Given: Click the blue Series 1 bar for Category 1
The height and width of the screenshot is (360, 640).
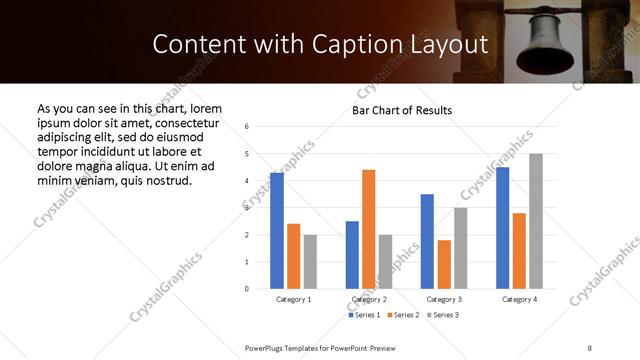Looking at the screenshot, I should (277, 231).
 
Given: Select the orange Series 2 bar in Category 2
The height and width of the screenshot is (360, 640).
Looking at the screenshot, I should (368, 229).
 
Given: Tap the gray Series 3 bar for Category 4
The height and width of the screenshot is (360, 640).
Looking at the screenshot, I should (536, 221).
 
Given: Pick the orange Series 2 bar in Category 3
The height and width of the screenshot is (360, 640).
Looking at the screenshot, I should (444, 264).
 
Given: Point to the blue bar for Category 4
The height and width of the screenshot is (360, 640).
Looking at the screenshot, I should (502, 228).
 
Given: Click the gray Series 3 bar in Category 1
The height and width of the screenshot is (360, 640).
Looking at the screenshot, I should (310, 262).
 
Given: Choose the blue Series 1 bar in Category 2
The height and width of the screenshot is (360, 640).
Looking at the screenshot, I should (352, 255).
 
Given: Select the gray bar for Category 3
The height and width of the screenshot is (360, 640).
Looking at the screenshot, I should (460, 248).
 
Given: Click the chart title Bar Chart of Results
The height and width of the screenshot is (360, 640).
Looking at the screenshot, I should (402, 110).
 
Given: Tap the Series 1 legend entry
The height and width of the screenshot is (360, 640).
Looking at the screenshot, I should (365, 315).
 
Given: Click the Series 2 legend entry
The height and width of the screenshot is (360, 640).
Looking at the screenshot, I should (402, 315).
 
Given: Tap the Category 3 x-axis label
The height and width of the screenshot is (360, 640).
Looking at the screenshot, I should (444, 299).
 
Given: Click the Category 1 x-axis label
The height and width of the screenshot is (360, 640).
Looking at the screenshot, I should (293, 299).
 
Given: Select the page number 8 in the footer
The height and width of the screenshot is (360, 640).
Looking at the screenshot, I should (589, 346).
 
